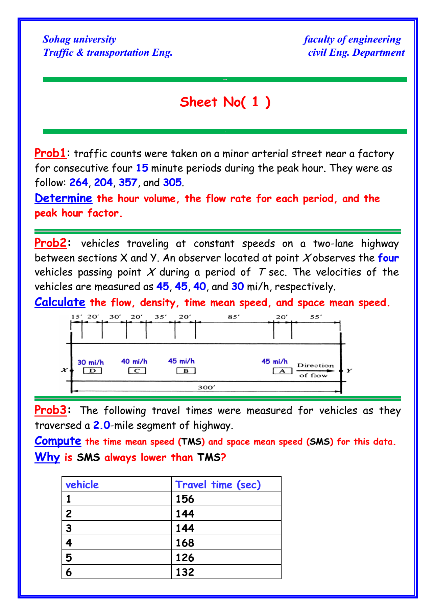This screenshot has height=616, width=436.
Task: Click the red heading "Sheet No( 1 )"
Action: point(225,102)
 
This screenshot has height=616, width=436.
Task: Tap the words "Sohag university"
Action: point(79,39)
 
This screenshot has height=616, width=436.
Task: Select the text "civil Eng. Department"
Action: point(356,53)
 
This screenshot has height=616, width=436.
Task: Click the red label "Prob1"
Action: point(50,153)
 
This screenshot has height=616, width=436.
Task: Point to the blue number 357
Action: point(128,183)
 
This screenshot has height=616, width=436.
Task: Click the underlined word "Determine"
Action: point(63,198)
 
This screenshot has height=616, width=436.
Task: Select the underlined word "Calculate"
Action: point(60,302)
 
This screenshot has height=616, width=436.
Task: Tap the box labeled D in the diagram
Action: point(92,371)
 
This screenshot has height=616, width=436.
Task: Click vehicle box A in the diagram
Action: point(282,371)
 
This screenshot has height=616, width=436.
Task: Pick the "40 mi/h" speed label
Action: point(134,361)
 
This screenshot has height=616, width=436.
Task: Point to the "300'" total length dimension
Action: point(206,387)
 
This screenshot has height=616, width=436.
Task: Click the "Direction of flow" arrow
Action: point(315,371)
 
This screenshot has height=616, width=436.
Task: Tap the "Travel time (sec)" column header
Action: point(218,485)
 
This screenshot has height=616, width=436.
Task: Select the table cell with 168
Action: point(185,543)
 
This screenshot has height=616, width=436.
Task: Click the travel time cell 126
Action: point(185,557)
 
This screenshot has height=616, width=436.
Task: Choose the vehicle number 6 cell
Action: point(69,572)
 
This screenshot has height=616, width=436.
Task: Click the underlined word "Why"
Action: point(47,457)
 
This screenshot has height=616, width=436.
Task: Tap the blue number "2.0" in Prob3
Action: point(102,425)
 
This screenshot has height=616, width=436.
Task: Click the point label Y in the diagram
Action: point(349,371)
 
